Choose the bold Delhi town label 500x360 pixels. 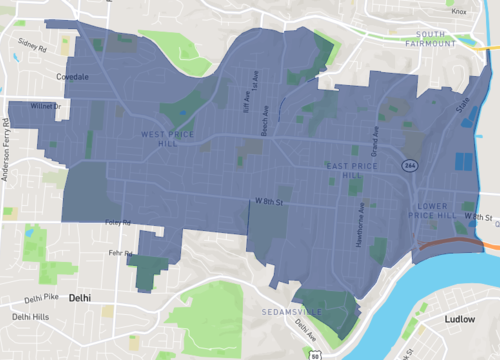[83, 298]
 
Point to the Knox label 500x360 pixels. [459, 12]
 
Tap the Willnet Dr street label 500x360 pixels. [46, 105]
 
